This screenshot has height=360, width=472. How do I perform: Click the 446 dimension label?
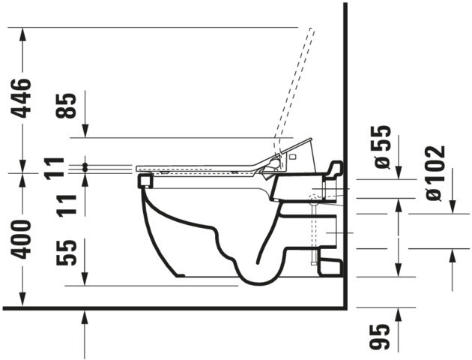click(x=22, y=98)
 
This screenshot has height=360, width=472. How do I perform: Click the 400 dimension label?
click(x=22, y=239)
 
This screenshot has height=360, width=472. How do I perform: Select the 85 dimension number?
click(x=66, y=106)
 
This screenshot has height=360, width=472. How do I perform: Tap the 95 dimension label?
click(x=380, y=337)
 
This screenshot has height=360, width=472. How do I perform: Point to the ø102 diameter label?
click(x=435, y=173)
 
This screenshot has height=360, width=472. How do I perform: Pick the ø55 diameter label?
click(x=381, y=147)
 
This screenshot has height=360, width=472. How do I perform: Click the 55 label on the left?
click(x=66, y=253)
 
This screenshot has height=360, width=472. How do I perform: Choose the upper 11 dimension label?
click(x=55, y=169)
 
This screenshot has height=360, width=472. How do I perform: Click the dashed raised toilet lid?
click(x=294, y=91)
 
